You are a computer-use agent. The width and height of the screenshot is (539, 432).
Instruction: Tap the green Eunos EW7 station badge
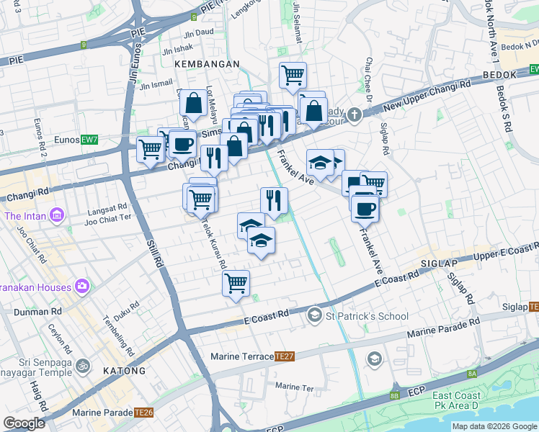(89, 139)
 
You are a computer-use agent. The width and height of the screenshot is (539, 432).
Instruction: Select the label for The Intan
(25, 216)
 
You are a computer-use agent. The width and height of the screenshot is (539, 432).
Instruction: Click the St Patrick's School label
(367, 316)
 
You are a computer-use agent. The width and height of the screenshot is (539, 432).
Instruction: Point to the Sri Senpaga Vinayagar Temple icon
(83, 365)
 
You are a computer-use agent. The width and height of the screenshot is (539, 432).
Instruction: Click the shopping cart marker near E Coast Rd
(236, 282)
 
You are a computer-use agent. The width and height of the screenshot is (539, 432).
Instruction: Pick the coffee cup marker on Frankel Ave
(365, 207)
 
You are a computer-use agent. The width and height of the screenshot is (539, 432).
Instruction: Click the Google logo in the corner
(24, 423)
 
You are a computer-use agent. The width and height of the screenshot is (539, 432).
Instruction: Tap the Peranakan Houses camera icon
(83, 287)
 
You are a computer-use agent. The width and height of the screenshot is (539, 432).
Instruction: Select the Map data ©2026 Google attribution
(494, 426)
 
